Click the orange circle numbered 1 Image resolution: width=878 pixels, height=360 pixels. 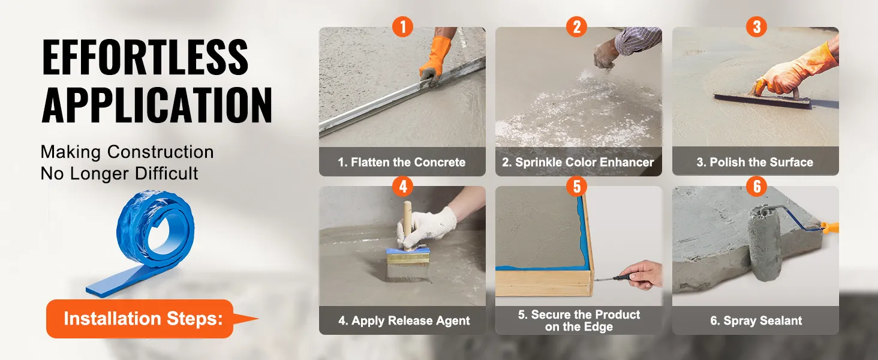click(x=402, y=26)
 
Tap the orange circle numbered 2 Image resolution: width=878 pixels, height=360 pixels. click(x=576, y=26)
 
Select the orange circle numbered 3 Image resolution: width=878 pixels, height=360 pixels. click(x=756, y=26)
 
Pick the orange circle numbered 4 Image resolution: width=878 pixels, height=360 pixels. click(x=402, y=186)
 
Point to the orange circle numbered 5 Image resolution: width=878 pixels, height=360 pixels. click(x=576, y=186)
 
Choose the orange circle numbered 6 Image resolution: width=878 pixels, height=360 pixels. click(x=756, y=186)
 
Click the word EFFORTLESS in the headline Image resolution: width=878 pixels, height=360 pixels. click(x=145, y=57)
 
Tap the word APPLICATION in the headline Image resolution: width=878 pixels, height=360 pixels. click(x=157, y=105)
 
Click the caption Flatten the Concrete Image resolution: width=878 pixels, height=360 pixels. click(x=402, y=162)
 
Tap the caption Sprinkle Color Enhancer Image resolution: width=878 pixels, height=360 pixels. click(x=578, y=162)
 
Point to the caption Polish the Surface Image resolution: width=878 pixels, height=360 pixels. click(x=755, y=162)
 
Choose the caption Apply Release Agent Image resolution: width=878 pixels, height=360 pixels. click(x=404, y=320)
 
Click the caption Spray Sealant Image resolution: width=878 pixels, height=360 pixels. click(x=756, y=320)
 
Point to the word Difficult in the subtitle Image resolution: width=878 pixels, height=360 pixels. click(x=167, y=173)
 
